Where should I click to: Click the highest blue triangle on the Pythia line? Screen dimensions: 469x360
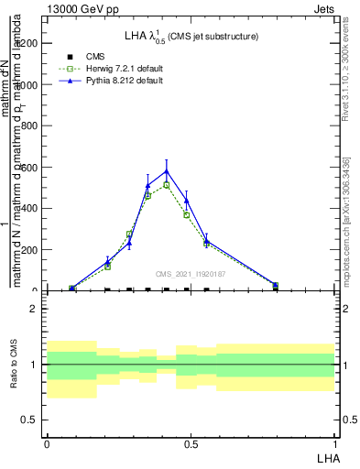[167, 170]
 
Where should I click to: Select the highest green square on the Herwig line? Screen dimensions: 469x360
[167, 185]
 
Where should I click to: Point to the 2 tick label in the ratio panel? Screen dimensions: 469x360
[34, 309]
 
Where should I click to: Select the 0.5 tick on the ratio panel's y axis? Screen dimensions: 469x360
[30, 420]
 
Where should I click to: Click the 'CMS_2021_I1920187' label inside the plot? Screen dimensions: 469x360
[190, 274]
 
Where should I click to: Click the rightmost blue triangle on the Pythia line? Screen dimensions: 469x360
[276, 285]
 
